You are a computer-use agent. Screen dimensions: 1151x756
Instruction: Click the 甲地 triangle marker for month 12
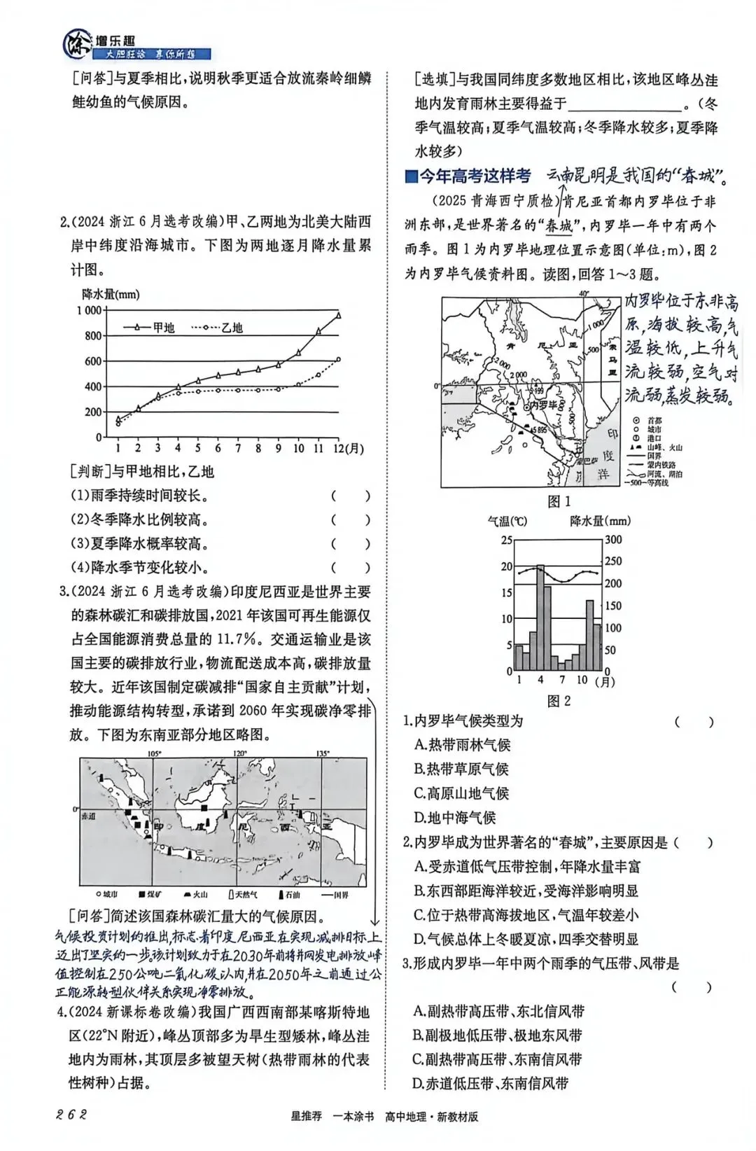tap(339, 315)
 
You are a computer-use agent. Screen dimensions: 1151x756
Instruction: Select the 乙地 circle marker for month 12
tap(339, 359)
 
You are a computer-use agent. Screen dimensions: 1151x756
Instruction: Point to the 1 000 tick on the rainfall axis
tap(89, 310)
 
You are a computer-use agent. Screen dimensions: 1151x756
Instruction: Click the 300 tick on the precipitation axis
tap(613, 539)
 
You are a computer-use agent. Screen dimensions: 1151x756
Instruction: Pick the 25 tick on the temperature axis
tap(507, 540)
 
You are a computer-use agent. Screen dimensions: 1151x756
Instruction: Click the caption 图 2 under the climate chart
tap(559, 700)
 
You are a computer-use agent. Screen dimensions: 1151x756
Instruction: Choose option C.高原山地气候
tap(461, 793)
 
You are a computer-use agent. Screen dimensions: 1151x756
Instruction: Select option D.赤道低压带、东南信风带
tap(491, 1083)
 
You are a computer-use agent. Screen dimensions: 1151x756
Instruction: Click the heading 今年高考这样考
tap(474, 176)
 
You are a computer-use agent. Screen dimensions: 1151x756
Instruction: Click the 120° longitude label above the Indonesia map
tap(240, 754)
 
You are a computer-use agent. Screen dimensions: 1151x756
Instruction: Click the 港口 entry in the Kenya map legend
tap(654, 438)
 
